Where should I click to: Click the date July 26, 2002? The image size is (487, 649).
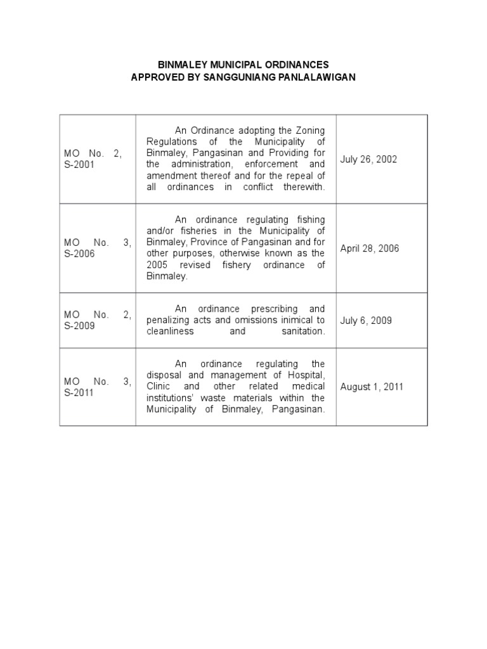pos(368,159)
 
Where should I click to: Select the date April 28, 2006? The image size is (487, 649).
pos(370,248)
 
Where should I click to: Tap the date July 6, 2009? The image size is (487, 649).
pos(366,320)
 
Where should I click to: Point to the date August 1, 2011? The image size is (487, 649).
pos(372,387)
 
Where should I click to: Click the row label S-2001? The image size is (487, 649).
pos(79,165)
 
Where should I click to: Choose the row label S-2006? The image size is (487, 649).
pos(79,254)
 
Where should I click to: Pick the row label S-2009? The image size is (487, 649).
pos(79,326)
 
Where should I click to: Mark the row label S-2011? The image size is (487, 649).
pos(79,392)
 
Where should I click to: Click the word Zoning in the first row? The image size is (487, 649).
pos(311,130)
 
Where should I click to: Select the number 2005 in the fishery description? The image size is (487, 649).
pos(157,265)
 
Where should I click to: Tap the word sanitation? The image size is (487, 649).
pos(303,331)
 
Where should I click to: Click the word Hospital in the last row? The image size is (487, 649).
pos(306,375)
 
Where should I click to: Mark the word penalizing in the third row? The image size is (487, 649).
pos(168,320)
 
